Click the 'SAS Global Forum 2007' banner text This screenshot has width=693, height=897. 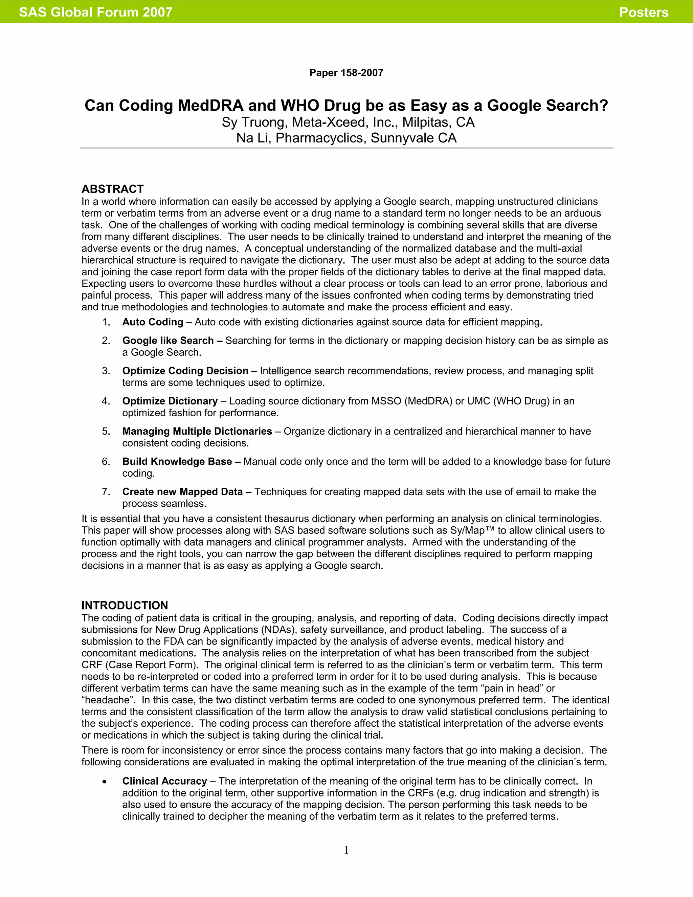pos(95,12)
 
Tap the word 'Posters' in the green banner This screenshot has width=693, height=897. pos(643,12)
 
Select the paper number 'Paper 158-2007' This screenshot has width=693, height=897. pos(346,73)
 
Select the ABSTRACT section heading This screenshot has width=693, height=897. pos(112,189)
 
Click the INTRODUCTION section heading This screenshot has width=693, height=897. pos(125,606)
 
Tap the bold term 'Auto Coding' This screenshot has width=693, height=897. pos(153,322)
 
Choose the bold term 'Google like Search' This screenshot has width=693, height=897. pos(168,341)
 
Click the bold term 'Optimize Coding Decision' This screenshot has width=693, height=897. pos(185,371)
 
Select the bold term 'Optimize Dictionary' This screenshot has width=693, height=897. pos(170,401)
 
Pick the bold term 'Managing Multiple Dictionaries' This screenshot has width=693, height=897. pos(197,431)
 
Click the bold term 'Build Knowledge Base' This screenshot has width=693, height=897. pos(177,462)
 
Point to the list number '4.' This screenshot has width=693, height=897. pos(106,401)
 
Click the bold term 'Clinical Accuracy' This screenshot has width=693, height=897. pos(164,781)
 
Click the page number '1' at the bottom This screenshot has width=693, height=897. pos(346,850)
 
